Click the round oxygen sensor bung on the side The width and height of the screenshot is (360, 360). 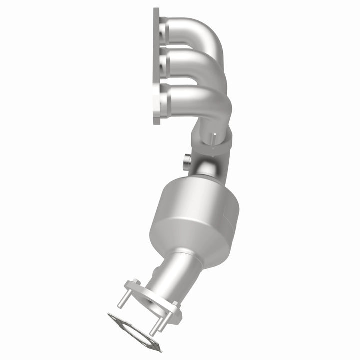coord(187,160)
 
